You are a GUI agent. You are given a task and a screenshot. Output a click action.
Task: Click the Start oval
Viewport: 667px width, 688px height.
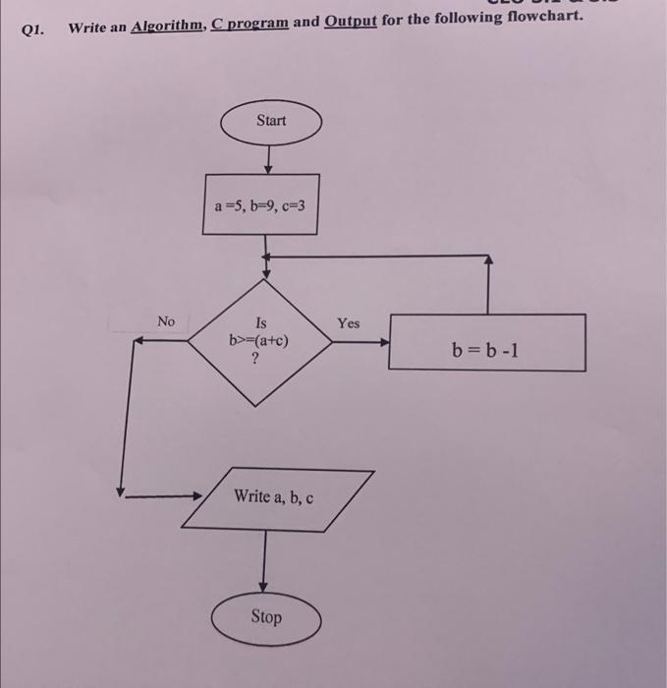pos(271,121)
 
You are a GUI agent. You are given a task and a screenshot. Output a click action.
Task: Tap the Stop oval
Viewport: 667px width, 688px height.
pos(265,617)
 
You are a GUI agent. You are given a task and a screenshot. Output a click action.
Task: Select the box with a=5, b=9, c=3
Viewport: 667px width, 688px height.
pos(260,205)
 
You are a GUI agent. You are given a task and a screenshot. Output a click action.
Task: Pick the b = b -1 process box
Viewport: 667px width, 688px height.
pos(487,343)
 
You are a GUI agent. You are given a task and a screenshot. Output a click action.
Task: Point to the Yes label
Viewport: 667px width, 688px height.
pos(349,323)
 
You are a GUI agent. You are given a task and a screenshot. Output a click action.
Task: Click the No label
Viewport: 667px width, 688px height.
pos(165,321)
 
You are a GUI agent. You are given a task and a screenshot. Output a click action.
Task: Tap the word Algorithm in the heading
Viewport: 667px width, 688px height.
pos(167,27)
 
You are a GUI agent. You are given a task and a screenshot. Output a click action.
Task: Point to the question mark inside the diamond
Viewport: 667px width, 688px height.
pos(256,360)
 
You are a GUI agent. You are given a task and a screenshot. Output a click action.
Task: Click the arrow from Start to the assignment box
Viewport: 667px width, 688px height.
pos(269,155)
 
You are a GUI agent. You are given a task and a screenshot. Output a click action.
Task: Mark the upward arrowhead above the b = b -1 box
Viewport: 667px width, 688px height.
pos(488,262)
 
